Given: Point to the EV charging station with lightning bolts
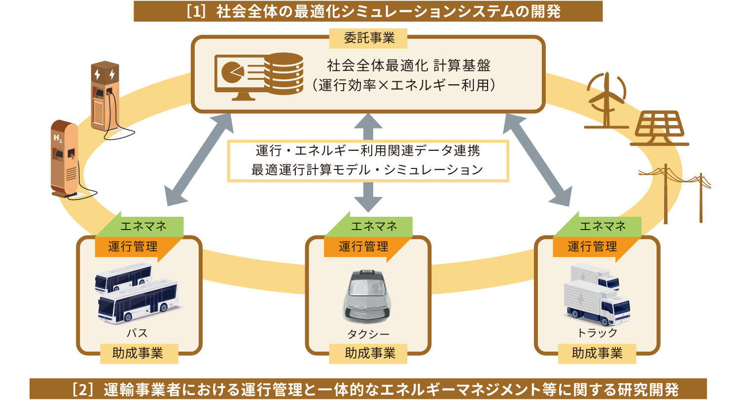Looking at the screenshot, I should tap(105, 96).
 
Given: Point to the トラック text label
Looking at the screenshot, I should tap(597, 333).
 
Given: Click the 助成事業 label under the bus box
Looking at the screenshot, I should tap(139, 353).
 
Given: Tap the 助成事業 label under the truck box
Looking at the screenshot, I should tap(597, 353).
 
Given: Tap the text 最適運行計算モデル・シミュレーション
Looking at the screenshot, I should tap(367, 170).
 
